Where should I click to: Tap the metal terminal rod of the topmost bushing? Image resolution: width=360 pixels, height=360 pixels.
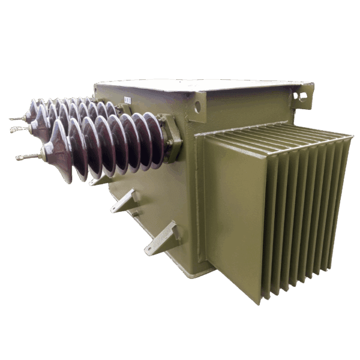16,119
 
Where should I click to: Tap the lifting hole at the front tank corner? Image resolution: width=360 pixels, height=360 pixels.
197,107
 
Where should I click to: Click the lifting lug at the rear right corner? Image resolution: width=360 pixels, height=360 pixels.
303,93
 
